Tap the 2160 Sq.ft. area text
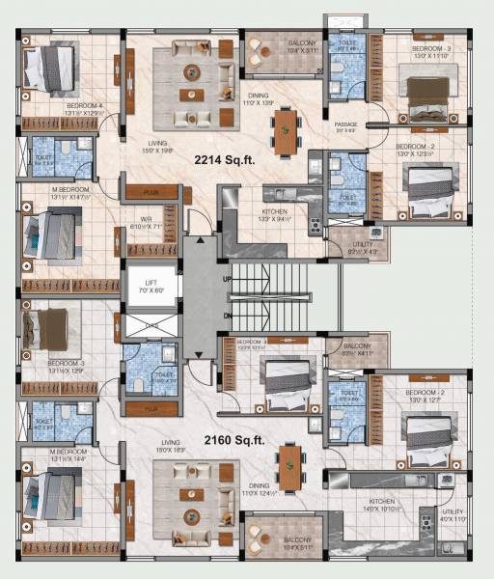pos(234,440)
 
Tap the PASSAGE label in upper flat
pos(345,124)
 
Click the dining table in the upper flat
pos(286,128)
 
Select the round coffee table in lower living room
pos(194,495)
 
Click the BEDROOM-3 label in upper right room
pos(430,47)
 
